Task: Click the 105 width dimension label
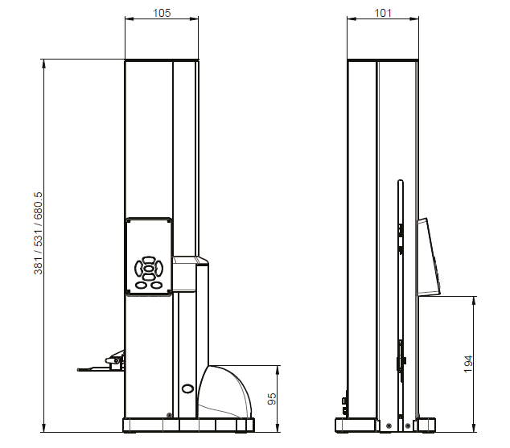pos(162,13)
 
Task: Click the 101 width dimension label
pos(383,13)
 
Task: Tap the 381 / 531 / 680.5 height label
pos(38,233)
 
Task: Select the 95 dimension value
pos(272,399)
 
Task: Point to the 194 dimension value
pos(468,364)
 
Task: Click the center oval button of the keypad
pos(149,269)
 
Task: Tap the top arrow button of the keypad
pos(149,260)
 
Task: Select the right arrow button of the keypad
pos(158,269)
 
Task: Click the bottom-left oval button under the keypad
pos(141,285)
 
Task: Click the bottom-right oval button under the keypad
pos(156,285)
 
